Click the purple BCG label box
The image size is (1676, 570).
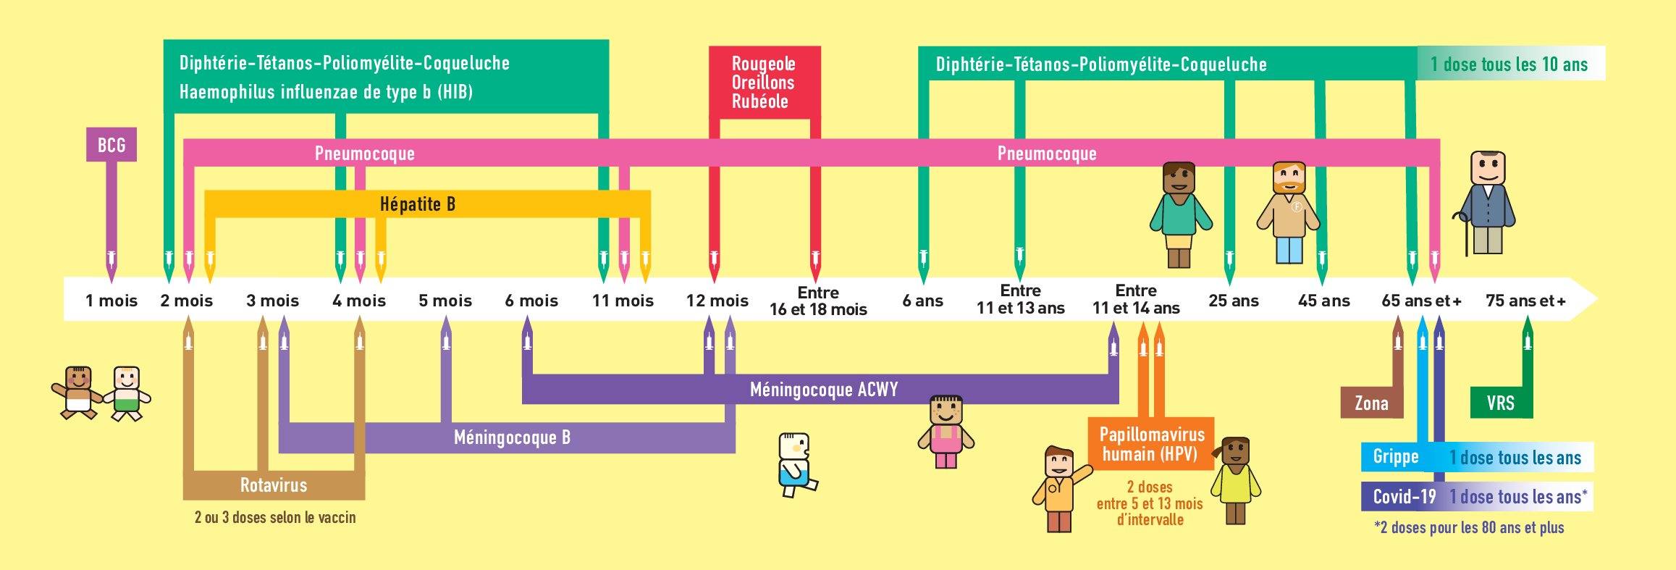(x=111, y=145)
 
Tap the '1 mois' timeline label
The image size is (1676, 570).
(x=111, y=301)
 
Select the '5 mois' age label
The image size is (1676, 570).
(x=445, y=301)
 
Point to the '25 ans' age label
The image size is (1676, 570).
(x=1234, y=301)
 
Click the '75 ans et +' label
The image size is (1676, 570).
(x=1525, y=301)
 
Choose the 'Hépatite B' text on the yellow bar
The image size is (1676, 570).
(x=418, y=204)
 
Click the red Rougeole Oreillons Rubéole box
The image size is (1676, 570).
(x=764, y=83)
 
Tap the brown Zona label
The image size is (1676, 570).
(x=1371, y=403)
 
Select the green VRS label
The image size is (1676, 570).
(x=1500, y=403)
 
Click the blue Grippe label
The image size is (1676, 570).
(x=1395, y=457)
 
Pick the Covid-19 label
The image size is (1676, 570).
(x=1404, y=497)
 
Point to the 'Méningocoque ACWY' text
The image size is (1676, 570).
(x=824, y=390)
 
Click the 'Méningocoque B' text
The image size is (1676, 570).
(x=512, y=437)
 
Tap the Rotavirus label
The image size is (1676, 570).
(x=274, y=485)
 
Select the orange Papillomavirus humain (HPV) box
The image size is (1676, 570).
(x=1151, y=444)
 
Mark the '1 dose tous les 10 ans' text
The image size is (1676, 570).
(x=1509, y=64)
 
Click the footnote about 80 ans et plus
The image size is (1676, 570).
(x=1469, y=527)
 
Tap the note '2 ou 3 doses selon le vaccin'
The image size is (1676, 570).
(x=275, y=517)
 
